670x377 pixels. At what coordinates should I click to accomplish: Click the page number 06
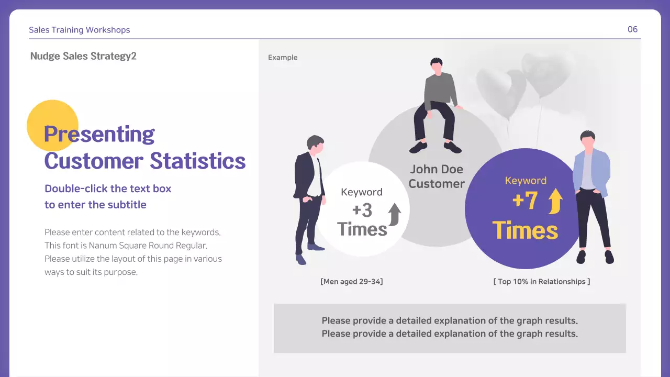632,29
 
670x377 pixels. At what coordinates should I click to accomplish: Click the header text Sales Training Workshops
79,30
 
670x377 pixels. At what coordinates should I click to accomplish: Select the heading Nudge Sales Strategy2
83,56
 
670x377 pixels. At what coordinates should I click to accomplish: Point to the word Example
283,58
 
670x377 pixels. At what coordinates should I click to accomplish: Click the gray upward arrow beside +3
394,214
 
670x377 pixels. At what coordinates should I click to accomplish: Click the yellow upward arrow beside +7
555,201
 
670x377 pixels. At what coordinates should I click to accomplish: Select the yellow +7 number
524,201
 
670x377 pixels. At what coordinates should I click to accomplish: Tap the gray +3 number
362,210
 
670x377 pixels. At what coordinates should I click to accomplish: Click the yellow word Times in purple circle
525,230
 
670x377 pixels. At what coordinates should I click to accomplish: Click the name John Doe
436,169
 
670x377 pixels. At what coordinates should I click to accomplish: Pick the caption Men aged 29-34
351,282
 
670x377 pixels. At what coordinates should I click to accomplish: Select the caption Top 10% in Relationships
541,282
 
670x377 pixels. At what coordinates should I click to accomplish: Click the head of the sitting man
436,64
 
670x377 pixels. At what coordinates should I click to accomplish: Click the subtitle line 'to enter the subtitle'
95,205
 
